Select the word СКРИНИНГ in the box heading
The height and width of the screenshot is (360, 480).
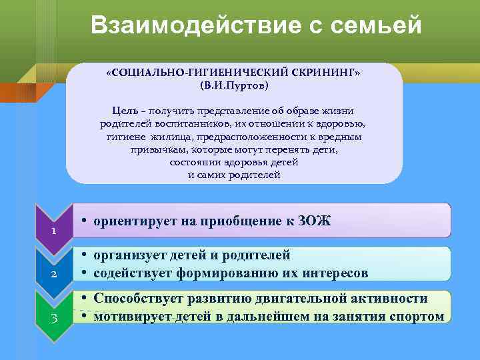pos(327,73)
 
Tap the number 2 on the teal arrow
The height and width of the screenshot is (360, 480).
pos(53,274)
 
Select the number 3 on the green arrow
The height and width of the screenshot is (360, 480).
pos(53,317)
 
